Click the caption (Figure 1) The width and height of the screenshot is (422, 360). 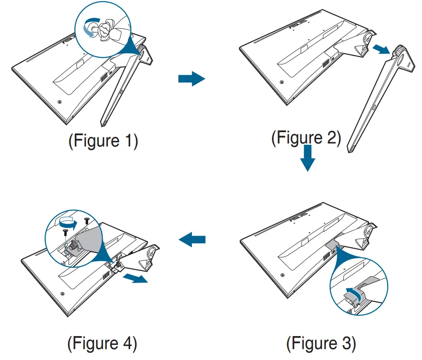point(103,142)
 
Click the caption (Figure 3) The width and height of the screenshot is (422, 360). point(321,344)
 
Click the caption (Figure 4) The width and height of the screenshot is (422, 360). point(102,344)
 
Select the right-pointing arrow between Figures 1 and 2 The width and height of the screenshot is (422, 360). point(191,79)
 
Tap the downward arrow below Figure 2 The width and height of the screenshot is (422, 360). point(307,159)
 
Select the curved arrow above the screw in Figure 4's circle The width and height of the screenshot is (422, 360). point(68,223)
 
